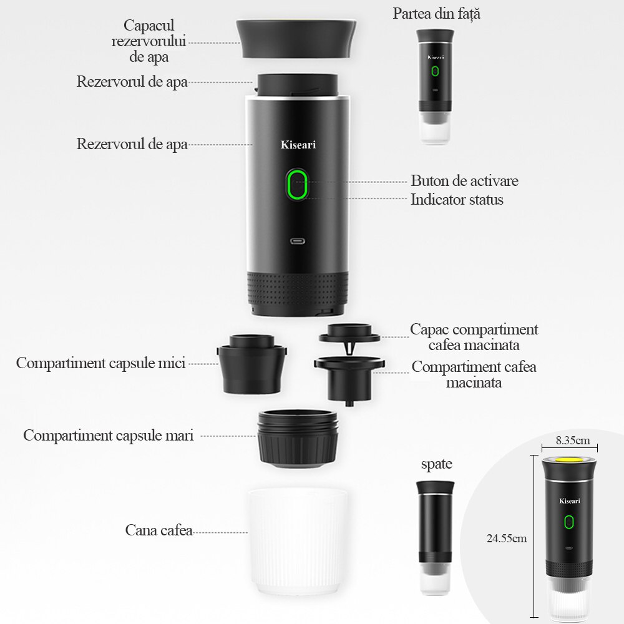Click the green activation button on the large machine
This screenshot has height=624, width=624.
298,185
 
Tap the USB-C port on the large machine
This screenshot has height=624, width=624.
297,240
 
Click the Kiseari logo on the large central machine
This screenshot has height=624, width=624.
298,145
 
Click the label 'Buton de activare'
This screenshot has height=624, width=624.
464,181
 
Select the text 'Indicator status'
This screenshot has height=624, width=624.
457,200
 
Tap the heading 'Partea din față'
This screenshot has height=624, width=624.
436,14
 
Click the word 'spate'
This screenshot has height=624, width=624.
436,464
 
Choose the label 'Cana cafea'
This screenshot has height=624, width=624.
158,530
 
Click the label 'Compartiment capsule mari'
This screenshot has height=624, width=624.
109,436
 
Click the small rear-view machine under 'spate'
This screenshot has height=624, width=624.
436,537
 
